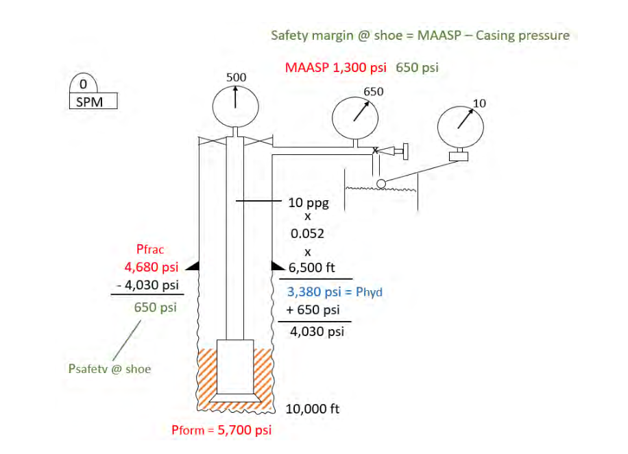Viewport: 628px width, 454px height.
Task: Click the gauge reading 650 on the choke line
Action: pyautogui.click(x=355, y=118)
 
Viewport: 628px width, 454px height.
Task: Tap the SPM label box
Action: pyautogui.click(x=93, y=102)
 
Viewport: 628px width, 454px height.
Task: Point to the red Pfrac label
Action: pyautogui.click(x=151, y=250)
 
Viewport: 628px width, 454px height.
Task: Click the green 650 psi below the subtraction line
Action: pyautogui.click(x=155, y=307)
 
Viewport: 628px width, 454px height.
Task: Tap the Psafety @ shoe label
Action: pyautogui.click(x=110, y=369)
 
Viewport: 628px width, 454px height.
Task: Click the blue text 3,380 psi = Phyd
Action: pyautogui.click(x=335, y=292)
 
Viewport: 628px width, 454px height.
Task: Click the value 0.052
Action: pyautogui.click(x=308, y=234)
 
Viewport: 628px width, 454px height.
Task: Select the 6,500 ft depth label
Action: pyautogui.click(x=311, y=267)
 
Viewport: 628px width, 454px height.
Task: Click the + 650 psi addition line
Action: pyautogui.click(x=313, y=309)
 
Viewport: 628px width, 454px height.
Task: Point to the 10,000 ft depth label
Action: pyautogui.click(x=313, y=409)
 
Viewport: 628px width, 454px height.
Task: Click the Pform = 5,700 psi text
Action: pyautogui.click(x=221, y=431)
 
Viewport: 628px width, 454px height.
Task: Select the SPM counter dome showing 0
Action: pyautogui.click(x=83, y=86)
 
